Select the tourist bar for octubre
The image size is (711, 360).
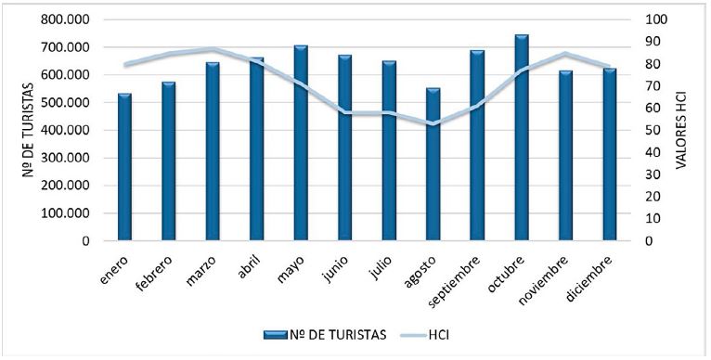521,139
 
